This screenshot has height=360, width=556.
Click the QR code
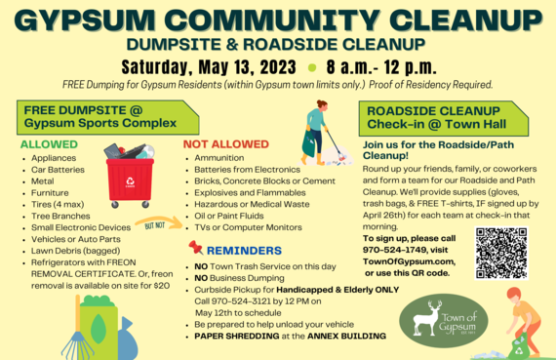(x=501, y=253)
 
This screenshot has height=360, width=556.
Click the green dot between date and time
(x=311, y=69)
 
